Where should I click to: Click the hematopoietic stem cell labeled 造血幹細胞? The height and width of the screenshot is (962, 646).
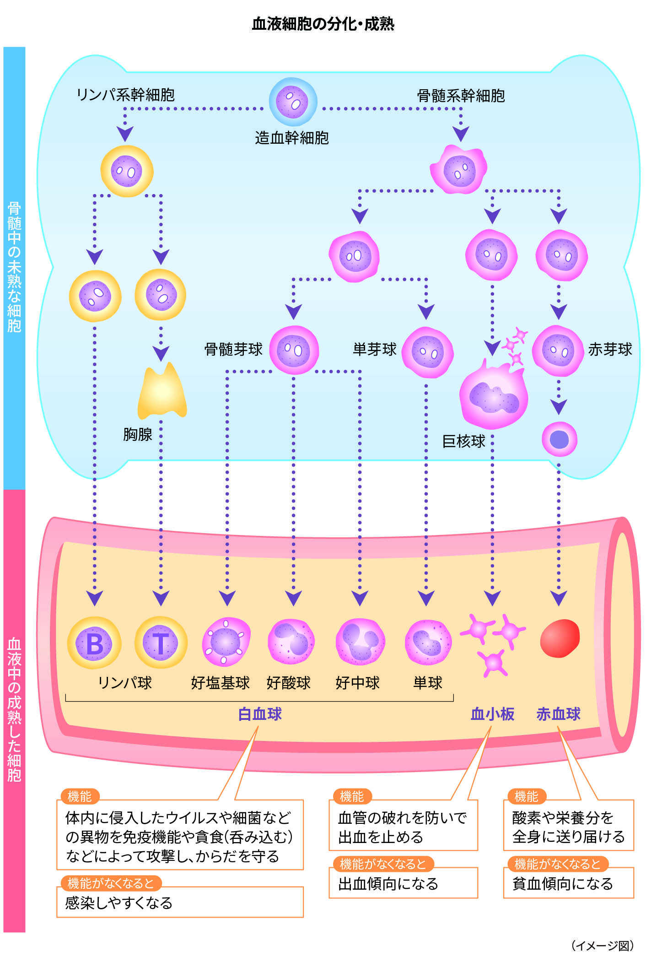(x=293, y=102)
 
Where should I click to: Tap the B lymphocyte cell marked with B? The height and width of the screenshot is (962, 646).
(x=94, y=643)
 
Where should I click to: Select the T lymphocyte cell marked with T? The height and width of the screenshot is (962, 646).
(x=161, y=643)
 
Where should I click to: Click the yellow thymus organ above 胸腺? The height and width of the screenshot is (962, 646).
(x=162, y=392)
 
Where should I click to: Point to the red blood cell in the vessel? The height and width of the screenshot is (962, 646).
(x=560, y=638)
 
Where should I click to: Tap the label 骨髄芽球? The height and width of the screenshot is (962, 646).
(x=233, y=350)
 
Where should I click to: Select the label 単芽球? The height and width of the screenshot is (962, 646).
(x=374, y=350)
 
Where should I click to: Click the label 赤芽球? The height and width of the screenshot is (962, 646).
(x=609, y=350)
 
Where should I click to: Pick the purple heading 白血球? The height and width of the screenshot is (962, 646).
(x=260, y=714)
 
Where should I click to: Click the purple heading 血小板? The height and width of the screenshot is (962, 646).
(x=492, y=714)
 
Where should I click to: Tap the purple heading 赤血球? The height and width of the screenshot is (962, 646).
(x=558, y=714)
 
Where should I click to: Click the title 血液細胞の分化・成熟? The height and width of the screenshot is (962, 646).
(x=323, y=24)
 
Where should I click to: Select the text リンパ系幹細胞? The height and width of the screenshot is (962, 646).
(x=125, y=95)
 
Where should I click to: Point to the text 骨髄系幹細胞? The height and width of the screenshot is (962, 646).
(x=461, y=96)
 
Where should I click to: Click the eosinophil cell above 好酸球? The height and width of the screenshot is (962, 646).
(x=291, y=642)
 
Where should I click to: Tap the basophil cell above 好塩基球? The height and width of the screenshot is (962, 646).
(x=226, y=642)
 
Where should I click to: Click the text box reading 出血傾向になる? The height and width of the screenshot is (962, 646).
(x=403, y=883)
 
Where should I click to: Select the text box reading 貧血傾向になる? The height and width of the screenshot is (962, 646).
(x=568, y=883)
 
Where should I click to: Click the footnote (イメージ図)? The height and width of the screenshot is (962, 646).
(x=602, y=946)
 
